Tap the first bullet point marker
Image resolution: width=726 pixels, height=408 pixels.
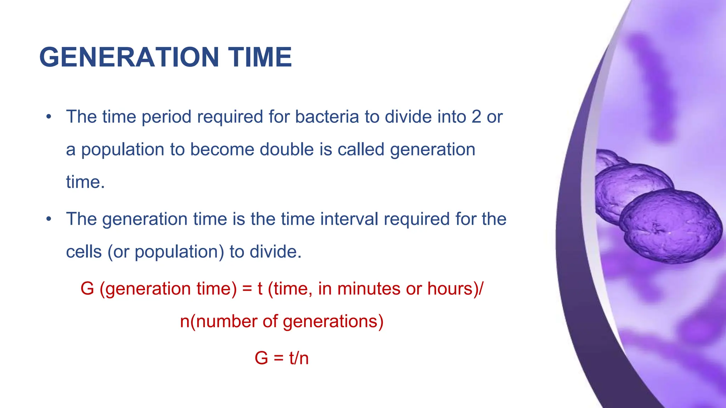49,117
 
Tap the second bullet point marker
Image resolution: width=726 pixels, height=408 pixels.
49,219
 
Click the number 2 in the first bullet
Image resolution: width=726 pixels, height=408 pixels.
476,117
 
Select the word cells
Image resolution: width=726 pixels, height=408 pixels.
84,252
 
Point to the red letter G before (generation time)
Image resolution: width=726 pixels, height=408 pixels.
87,288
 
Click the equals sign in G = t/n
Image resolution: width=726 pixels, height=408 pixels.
279,358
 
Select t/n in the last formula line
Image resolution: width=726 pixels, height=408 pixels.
299,358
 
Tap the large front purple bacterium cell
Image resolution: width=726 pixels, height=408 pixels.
670,227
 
